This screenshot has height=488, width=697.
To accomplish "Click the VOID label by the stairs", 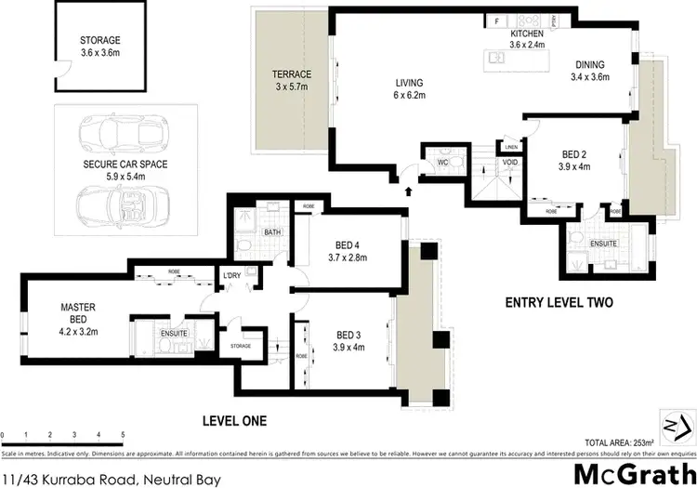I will pyautogui.click(x=509, y=162).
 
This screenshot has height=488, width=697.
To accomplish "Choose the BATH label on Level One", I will pyautogui.click(x=272, y=232).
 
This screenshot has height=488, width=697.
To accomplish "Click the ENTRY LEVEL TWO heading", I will pyautogui.click(x=558, y=302).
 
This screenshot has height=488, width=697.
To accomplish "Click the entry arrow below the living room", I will pyautogui.click(x=408, y=192).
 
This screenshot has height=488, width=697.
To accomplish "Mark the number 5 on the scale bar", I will pyautogui.click(x=124, y=435).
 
